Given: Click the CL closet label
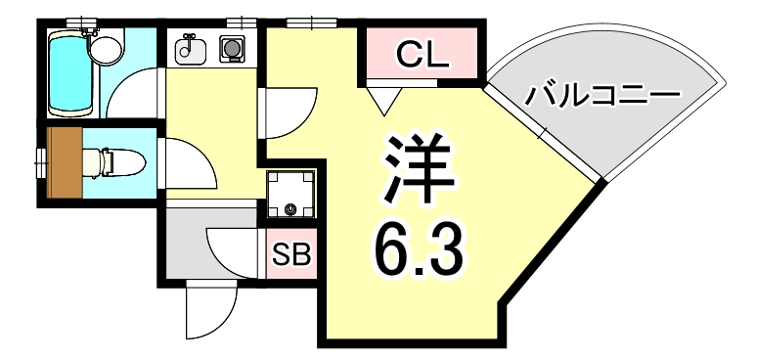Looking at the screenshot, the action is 423,56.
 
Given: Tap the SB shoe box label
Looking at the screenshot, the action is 290,255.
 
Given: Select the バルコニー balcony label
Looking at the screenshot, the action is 601,97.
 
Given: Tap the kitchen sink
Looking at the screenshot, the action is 189,48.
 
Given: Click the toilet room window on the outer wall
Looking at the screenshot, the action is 40,163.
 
